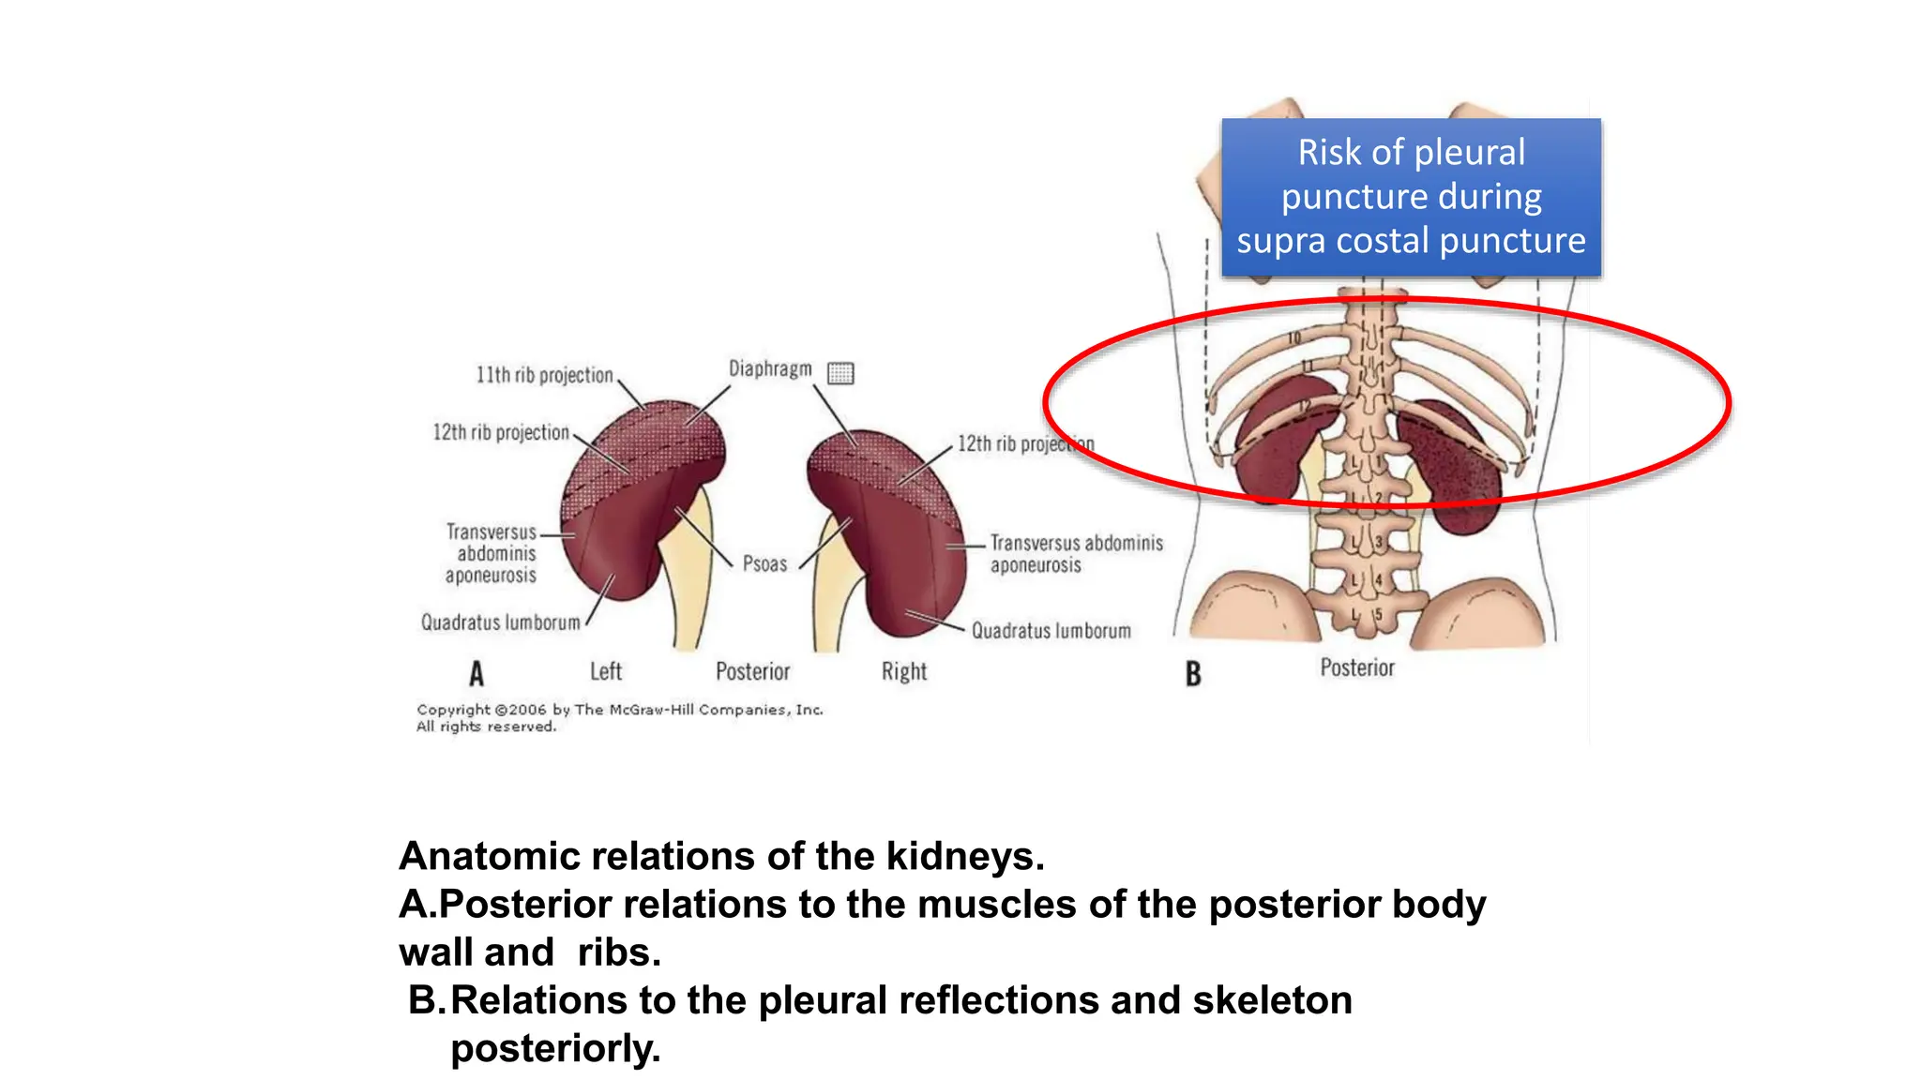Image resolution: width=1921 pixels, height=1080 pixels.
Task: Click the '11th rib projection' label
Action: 544,375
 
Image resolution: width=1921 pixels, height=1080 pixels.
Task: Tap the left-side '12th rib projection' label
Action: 501,432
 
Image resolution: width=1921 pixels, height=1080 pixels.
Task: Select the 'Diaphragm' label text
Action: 770,369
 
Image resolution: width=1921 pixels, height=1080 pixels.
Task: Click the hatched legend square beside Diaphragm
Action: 840,373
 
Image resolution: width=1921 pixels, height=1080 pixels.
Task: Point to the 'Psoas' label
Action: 764,563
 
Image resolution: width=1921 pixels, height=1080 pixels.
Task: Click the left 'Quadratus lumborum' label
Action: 500,622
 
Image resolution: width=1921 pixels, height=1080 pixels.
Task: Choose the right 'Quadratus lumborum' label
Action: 1051,631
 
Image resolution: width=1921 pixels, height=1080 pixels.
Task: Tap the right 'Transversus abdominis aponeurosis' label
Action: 1076,554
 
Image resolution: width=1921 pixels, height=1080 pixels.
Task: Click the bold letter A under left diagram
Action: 476,673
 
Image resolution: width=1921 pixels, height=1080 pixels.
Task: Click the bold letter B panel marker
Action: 1193,673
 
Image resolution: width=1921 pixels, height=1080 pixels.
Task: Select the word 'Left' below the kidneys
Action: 605,671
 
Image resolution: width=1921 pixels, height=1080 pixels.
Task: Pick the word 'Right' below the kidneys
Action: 903,671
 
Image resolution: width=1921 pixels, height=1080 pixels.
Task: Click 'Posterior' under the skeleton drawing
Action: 1356,667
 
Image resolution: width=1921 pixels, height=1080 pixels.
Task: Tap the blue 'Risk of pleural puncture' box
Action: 1411,197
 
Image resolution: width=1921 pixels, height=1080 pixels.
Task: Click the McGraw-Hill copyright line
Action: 619,710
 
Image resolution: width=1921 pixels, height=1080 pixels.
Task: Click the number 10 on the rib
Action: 1294,337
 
